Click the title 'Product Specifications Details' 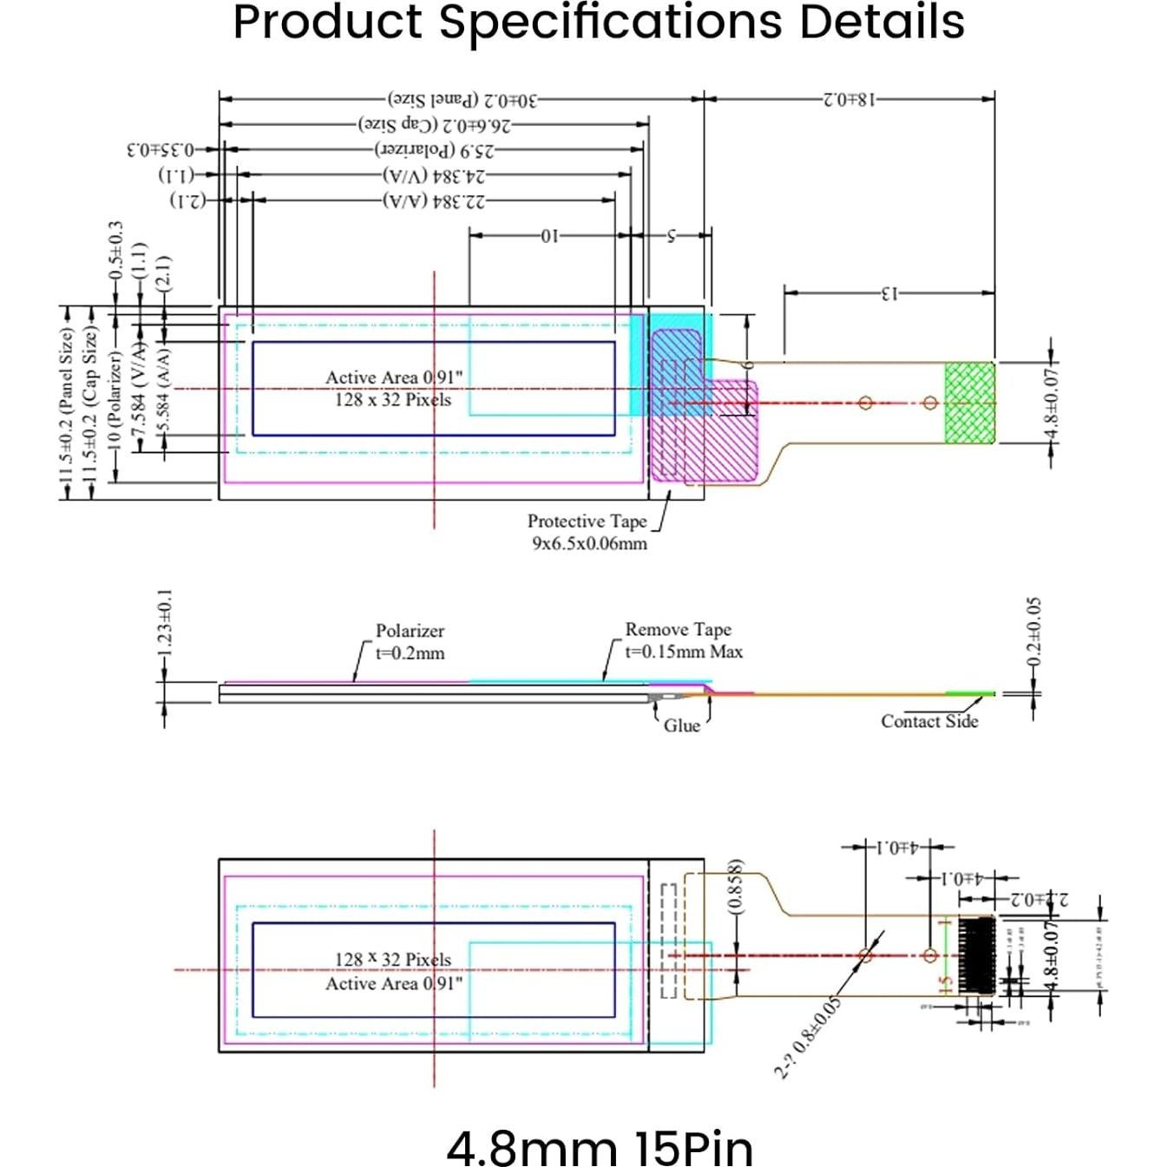click(598, 23)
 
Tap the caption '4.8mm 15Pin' click(599, 1147)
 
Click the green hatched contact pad click(969, 402)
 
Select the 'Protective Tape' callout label click(587, 521)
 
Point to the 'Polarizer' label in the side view click(410, 631)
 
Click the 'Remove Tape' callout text click(678, 629)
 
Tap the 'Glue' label click(681, 726)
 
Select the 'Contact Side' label click(928, 721)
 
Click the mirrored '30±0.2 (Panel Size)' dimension click(462, 100)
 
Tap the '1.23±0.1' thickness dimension click(165, 622)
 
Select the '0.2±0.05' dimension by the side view click(1033, 632)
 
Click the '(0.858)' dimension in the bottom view click(735, 886)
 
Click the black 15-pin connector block click(976, 954)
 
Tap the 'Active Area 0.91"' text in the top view click(393, 377)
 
